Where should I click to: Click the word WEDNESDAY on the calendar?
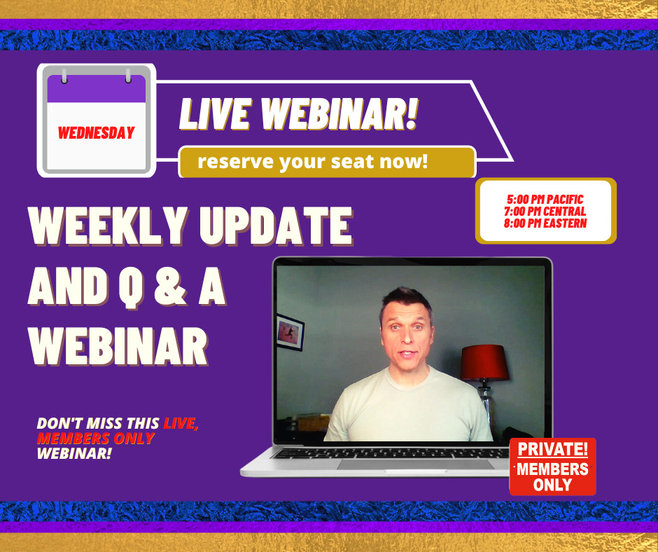[x=96, y=132]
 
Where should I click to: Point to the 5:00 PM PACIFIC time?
[x=543, y=200]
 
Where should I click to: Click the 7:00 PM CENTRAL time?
[x=544, y=212]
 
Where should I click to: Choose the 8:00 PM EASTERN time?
[x=544, y=223]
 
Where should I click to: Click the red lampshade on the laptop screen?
[x=482, y=361]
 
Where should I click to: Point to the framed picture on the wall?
[x=290, y=331]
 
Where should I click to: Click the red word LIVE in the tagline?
[x=181, y=424]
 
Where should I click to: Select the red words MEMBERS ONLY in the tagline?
[x=95, y=439]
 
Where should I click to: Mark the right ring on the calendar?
[x=128, y=74]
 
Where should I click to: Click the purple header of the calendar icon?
[x=96, y=91]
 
